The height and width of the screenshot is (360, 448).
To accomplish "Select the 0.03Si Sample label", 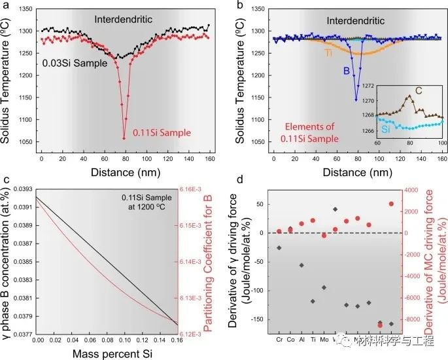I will tap(71, 64).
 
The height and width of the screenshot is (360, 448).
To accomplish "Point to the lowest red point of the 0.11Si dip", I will tap(124, 138).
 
